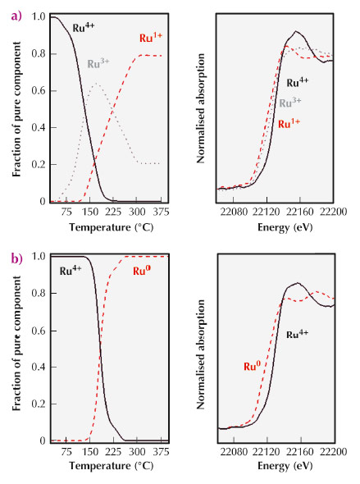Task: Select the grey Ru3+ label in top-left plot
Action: [x=100, y=62]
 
